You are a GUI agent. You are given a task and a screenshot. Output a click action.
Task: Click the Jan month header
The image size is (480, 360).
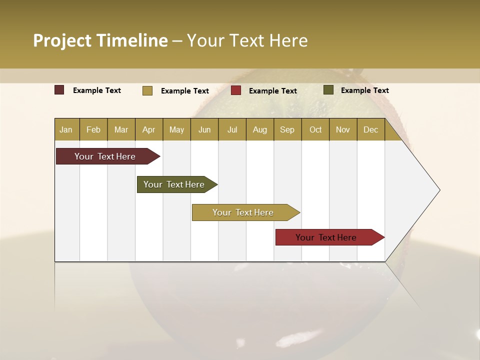coord(66,129)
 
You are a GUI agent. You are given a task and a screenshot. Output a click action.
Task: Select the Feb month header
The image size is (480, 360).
coord(93,129)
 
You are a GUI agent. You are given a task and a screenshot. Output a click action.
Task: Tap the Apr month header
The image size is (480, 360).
coord(148,129)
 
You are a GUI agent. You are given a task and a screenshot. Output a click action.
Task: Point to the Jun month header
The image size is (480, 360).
coord(204,129)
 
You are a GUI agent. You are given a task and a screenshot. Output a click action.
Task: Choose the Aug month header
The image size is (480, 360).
coord(259,129)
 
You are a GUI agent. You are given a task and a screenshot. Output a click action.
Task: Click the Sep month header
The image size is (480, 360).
coord(287,129)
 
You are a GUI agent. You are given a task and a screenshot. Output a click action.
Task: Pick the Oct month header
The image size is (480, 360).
coord(315,129)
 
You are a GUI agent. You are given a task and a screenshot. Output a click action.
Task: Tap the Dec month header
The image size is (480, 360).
coord(370,129)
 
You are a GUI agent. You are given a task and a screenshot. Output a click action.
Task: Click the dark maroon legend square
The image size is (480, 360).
coord(59,90)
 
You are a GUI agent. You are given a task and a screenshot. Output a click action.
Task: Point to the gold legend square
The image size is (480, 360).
coord(147,90)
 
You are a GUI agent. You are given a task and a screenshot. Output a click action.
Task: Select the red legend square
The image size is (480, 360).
coord(236,90)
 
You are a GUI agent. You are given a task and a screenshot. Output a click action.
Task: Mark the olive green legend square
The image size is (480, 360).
coord(328,90)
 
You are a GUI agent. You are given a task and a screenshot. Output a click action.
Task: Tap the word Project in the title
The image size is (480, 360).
coord(62,40)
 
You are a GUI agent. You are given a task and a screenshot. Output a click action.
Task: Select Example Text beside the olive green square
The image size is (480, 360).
coord(364,90)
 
